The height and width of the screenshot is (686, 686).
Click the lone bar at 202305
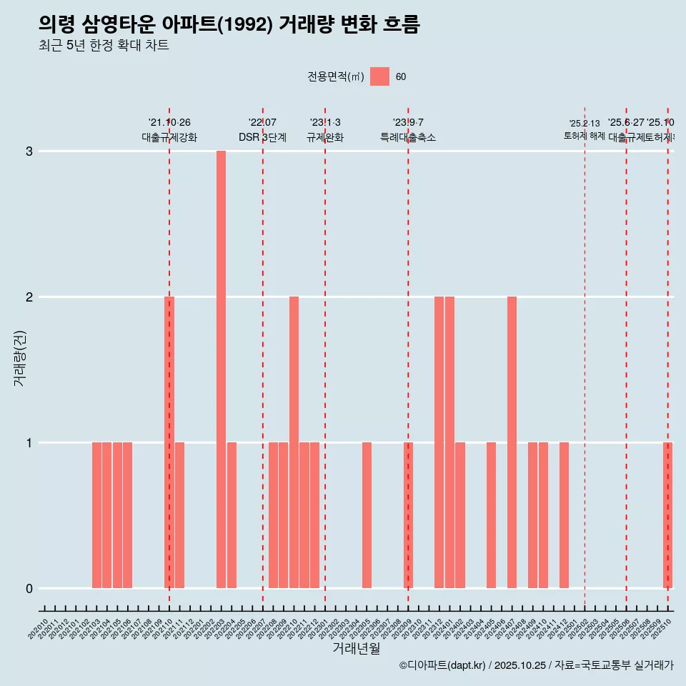pyautogui.click(x=367, y=515)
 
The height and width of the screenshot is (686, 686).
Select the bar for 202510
pyautogui.click(x=667, y=515)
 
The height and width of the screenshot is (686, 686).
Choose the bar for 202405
pyautogui.click(x=491, y=515)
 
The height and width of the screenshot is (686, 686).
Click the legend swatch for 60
pyautogui.click(x=379, y=76)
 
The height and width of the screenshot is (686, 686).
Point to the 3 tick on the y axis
pyautogui.click(x=29, y=151)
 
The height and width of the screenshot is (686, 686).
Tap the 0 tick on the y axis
pyautogui.click(x=29, y=588)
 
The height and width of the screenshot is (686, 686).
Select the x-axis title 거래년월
pyautogui.click(x=356, y=648)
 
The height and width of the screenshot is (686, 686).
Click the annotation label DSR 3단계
pyautogui.click(x=262, y=137)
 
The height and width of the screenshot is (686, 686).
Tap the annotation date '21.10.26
pyautogui.click(x=169, y=123)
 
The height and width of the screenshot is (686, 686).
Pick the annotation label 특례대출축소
pyautogui.click(x=407, y=137)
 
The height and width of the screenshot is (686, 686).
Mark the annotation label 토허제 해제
pyautogui.click(x=584, y=136)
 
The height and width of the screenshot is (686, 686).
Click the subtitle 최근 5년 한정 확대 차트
pyautogui.click(x=104, y=46)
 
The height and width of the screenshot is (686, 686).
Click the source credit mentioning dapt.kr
pyautogui.click(x=536, y=665)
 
